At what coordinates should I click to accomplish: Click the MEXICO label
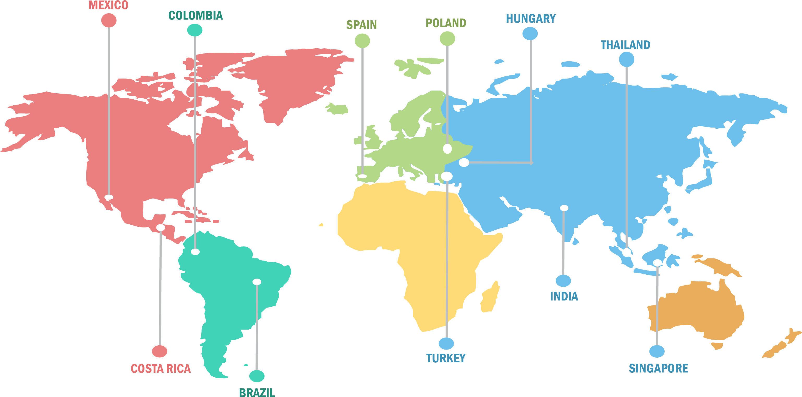coord(108,5)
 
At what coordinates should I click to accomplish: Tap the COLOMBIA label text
coord(196,16)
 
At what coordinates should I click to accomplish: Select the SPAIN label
coord(361,25)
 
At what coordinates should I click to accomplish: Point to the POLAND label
coord(446,23)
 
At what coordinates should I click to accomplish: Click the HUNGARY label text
coord(531,19)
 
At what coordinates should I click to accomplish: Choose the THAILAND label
coord(625,45)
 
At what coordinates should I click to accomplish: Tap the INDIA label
coord(564,296)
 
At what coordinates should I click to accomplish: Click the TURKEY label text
coord(446,358)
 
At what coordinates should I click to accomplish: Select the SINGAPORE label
coord(659,369)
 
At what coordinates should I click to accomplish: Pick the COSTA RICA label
coord(161,369)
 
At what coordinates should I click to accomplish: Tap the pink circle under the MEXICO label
coord(109,21)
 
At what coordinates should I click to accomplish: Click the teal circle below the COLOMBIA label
coord(195,30)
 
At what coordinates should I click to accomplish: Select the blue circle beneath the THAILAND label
coord(627,59)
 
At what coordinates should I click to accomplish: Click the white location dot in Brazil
coord(257,282)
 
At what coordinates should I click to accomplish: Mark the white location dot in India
coord(564,208)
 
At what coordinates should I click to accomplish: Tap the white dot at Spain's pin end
coord(362,176)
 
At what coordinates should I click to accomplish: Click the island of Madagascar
coord(489,297)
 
